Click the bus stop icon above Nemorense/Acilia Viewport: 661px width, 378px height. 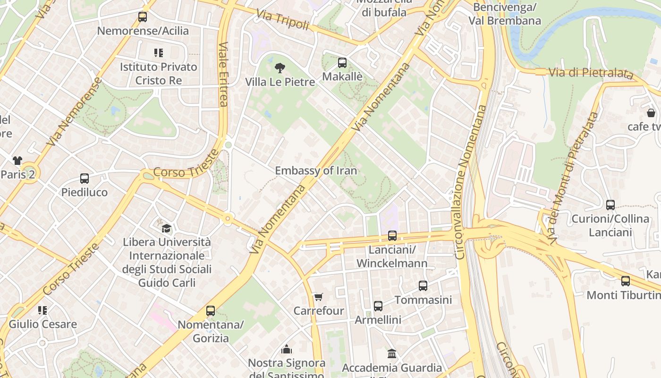[143, 17]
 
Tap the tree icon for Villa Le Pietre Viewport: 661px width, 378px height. [280, 68]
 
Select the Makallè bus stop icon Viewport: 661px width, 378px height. [342, 63]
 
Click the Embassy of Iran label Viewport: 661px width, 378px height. [316, 171]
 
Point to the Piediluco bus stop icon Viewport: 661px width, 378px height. [85, 179]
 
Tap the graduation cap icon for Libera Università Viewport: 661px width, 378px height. [167, 229]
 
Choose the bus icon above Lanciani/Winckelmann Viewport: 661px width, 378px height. [392, 236]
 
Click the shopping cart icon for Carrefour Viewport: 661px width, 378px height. [318, 297]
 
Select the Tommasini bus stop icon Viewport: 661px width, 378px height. [423, 286]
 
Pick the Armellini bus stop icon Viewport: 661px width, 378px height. [378, 306]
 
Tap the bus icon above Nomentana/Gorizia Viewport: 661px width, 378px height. [211, 311]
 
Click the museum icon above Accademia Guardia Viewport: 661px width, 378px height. [392, 353]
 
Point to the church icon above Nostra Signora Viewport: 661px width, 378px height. [287, 349]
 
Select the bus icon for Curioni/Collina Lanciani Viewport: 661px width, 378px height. [610, 205]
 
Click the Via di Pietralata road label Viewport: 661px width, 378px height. [590, 73]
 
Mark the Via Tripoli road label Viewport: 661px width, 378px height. [283, 20]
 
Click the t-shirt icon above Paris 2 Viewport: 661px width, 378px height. [17, 161]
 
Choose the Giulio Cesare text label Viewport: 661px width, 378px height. [42, 325]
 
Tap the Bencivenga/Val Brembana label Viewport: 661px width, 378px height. [505, 14]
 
